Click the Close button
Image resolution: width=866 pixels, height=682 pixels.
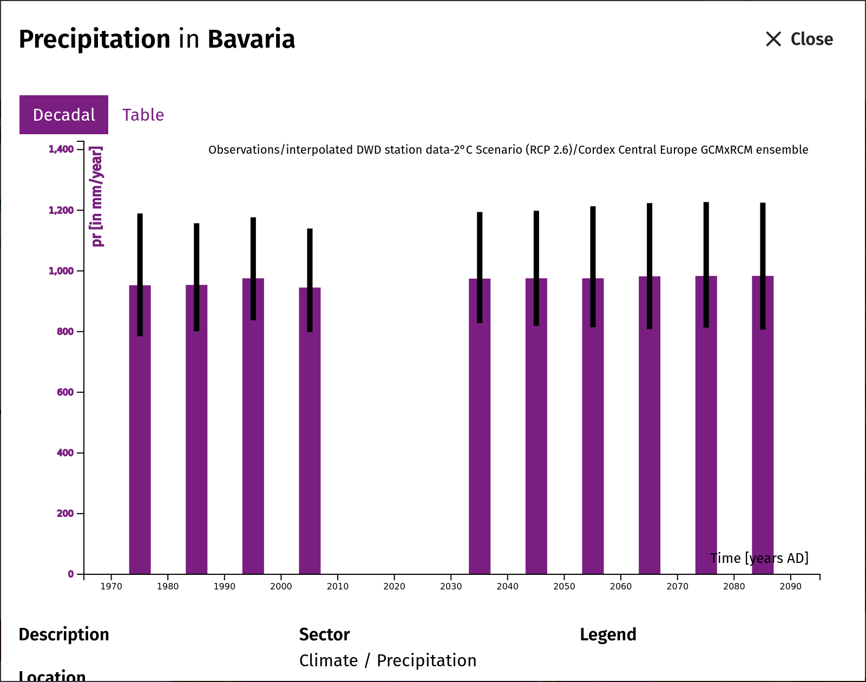[x=799, y=39]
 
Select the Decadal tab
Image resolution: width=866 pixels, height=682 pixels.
[x=63, y=115]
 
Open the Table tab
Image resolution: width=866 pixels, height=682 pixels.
[x=143, y=115]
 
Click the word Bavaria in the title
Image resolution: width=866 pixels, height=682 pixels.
[x=251, y=39]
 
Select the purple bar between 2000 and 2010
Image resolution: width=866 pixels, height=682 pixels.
[x=310, y=431]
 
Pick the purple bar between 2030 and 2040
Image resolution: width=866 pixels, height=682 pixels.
[x=480, y=427]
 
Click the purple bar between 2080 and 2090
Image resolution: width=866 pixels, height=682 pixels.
[x=763, y=425]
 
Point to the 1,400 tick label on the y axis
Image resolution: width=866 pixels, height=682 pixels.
[x=61, y=149]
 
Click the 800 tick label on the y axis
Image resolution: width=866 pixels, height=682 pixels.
[x=65, y=331]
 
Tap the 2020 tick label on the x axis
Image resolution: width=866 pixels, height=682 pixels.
[x=394, y=586]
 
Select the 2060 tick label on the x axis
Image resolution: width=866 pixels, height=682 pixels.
[x=620, y=586]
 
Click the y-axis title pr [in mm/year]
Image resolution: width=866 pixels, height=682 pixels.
[x=97, y=196]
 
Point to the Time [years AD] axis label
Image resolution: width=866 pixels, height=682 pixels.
[x=759, y=559]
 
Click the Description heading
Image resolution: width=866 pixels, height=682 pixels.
[x=63, y=634]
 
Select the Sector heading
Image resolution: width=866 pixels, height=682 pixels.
[x=324, y=634]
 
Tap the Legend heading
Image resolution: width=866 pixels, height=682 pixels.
[x=608, y=634]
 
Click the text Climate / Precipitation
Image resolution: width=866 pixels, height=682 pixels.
[x=388, y=661]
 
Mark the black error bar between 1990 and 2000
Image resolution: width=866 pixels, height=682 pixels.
[x=253, y=269]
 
